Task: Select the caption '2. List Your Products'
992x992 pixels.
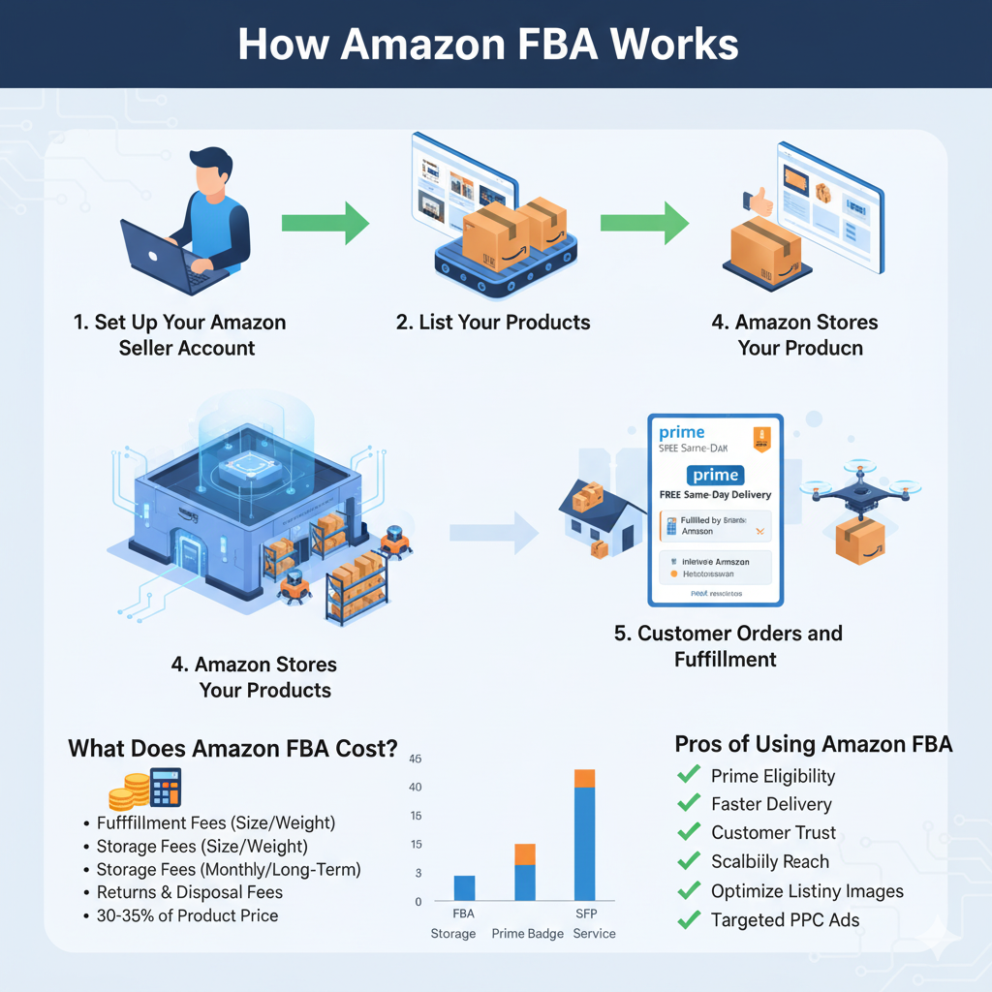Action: (493, 322)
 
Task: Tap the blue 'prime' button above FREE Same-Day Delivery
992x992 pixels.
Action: (715, 475)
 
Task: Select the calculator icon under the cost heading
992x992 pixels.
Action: (166, 787)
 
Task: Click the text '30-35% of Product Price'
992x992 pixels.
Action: (187, 915)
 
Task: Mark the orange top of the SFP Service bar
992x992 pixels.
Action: (584, 778)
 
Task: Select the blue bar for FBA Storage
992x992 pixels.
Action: (464, 888)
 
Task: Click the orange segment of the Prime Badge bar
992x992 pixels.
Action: (524, 853)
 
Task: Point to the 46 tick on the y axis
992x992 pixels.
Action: (416, 759)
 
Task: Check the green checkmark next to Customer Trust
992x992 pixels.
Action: (689, 831)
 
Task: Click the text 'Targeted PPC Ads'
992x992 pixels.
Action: (785, 920)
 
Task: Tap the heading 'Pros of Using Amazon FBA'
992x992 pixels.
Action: (813, 744)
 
